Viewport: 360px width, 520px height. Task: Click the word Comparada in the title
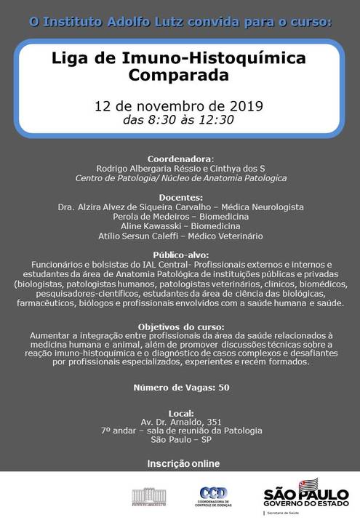(x=180, y=75)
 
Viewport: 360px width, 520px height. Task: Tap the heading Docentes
(x=180, y=197)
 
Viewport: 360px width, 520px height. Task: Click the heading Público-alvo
(x=180, y=255)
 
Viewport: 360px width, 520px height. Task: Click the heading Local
(x=180, y=410)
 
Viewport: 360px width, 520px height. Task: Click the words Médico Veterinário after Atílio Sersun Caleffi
(x=224, y=236)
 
